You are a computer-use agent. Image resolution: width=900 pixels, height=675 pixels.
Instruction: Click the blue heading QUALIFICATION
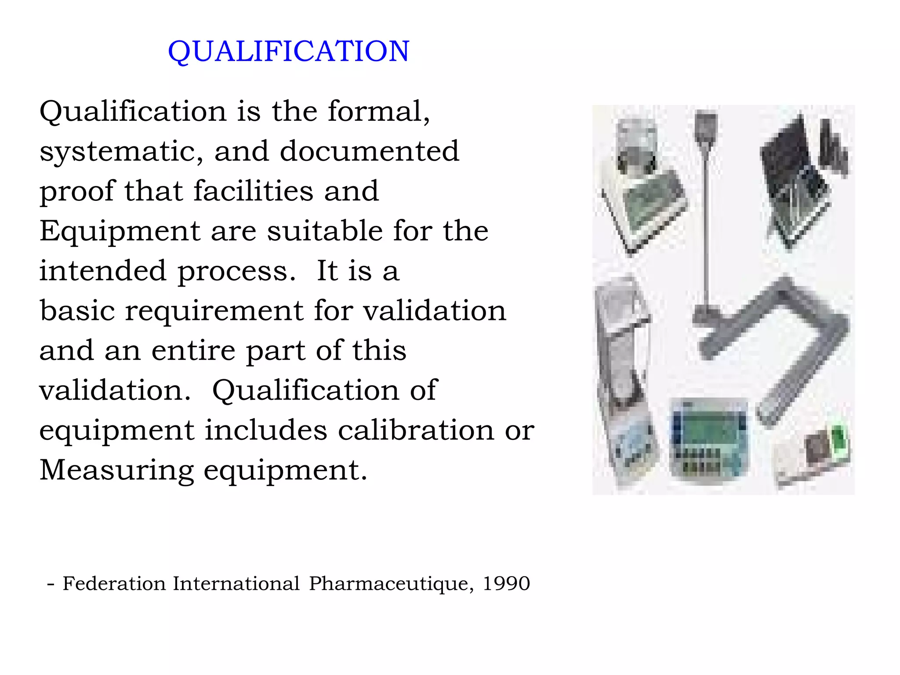coord(289,51)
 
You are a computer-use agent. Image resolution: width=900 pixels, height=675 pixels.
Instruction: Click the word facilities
coord(253,191)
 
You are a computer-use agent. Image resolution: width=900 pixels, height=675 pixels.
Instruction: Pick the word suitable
coord(325,231)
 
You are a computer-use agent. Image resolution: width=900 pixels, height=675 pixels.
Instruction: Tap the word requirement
coord(214,310)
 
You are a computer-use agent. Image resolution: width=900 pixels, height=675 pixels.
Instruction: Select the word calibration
coord(415,430)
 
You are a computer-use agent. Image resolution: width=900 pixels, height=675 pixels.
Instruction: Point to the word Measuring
coord(116,470)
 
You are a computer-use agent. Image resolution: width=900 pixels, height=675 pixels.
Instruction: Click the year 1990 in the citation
coord(506,584)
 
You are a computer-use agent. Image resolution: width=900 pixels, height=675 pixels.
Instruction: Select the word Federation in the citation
coord(114,584)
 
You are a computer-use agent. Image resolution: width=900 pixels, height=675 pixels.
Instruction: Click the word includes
coord(266,430)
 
